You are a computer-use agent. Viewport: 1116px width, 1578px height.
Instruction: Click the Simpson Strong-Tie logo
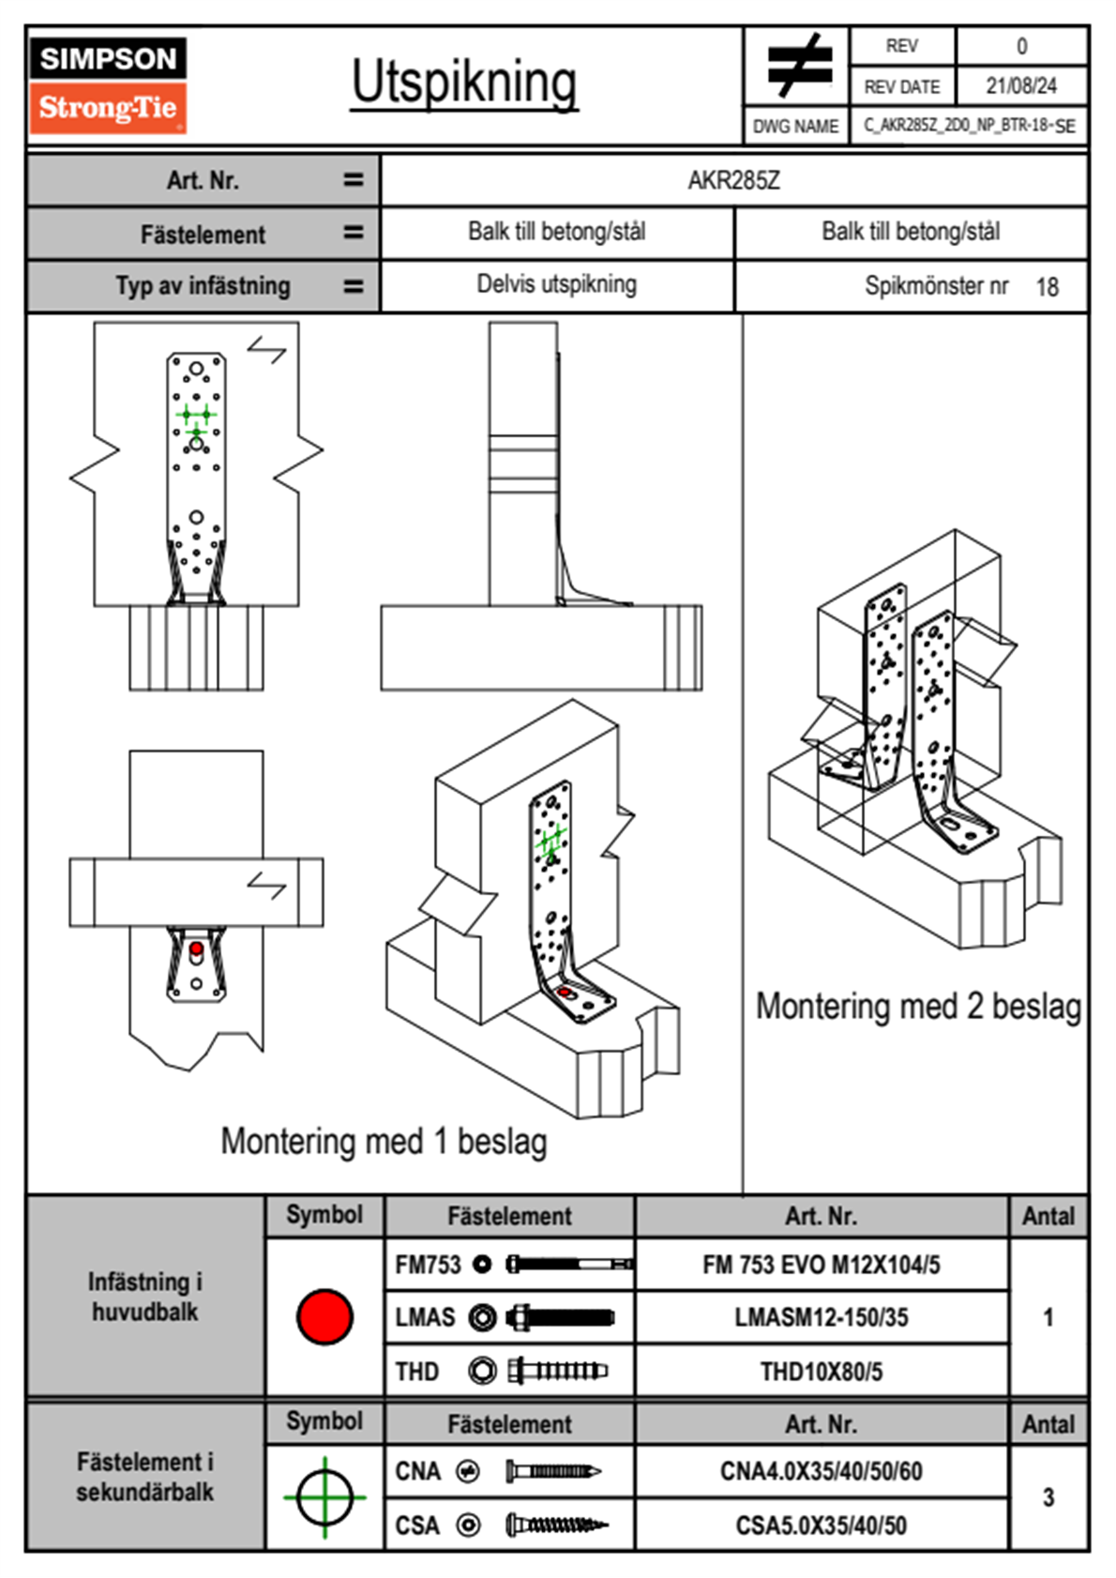(x=108, y=84)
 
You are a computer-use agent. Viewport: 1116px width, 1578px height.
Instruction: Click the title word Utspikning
(x=464, y=82)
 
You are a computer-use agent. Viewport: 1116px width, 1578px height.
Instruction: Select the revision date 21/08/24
(x=1020, y=86)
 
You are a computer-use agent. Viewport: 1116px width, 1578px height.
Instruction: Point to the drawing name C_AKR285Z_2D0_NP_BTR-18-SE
(x=969, y=126)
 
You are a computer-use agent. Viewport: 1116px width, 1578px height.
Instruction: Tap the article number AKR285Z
(x=733, y=180)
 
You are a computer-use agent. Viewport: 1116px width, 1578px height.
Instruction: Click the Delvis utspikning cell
(x=556, y=284)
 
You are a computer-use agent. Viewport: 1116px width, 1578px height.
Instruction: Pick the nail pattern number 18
(x=1047, y=287)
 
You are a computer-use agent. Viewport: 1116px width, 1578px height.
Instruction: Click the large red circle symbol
(x=324, y=1316)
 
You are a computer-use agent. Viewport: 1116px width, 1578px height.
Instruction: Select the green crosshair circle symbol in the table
(x=324, y=1497)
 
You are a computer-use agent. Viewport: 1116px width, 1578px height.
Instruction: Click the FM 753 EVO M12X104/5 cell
(x=821, y=1265)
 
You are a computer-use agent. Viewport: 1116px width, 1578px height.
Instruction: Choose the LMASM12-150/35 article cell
(x=821, y=1317)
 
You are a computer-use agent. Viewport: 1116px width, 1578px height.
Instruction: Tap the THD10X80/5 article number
(x=821, y=1372)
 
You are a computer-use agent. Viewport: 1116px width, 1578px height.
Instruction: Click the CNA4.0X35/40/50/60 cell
(x=821, y=1471)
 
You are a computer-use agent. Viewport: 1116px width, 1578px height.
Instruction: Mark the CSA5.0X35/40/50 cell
(x=821, y=1525)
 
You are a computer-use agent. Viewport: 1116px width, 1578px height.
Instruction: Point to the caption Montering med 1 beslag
(x=384, y=1142)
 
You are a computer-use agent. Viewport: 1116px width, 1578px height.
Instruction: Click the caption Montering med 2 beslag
(x=918, y=1006)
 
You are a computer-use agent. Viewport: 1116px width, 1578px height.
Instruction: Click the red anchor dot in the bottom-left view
(x=196, y=949)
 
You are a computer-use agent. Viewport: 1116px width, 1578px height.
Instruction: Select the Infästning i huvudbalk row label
(x=144, y=1297)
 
